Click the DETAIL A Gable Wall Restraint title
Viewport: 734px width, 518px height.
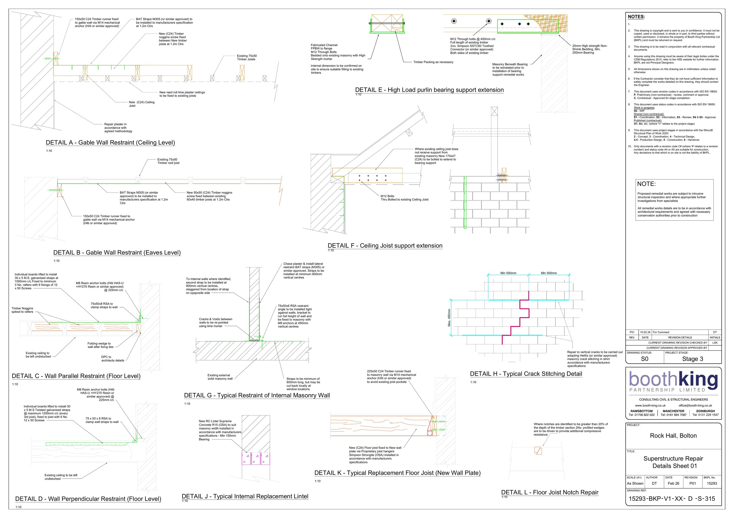(x=110, y=143)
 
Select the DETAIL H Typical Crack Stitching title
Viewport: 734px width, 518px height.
(x=526, y=374)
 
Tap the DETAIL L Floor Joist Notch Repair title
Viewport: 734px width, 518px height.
(x=550, y=492)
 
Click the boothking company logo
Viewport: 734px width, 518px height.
(x=673, y=381)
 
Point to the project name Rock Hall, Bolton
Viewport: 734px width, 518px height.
(x=673, y=436)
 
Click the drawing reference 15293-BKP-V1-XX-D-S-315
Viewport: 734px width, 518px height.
(x=672, y=498)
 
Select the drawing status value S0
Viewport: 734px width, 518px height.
(x=644, y=359)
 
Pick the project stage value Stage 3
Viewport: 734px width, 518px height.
(x=692, y=359)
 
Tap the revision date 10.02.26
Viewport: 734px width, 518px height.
(x=645, y=332)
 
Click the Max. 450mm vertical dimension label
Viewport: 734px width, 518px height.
(x=449, y=318)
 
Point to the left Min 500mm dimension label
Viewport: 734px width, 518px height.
(x=508, y=273)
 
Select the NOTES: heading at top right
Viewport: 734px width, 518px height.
(x=636, y=17)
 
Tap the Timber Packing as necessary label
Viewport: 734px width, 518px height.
(x=433, y=62)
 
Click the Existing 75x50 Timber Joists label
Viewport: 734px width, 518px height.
(x=246, y=57)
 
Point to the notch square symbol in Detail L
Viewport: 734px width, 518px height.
(x=538, y=450)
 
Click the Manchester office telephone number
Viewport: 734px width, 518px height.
(x=673, y=415)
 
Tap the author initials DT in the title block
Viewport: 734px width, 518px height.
(x=654, y=484)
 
